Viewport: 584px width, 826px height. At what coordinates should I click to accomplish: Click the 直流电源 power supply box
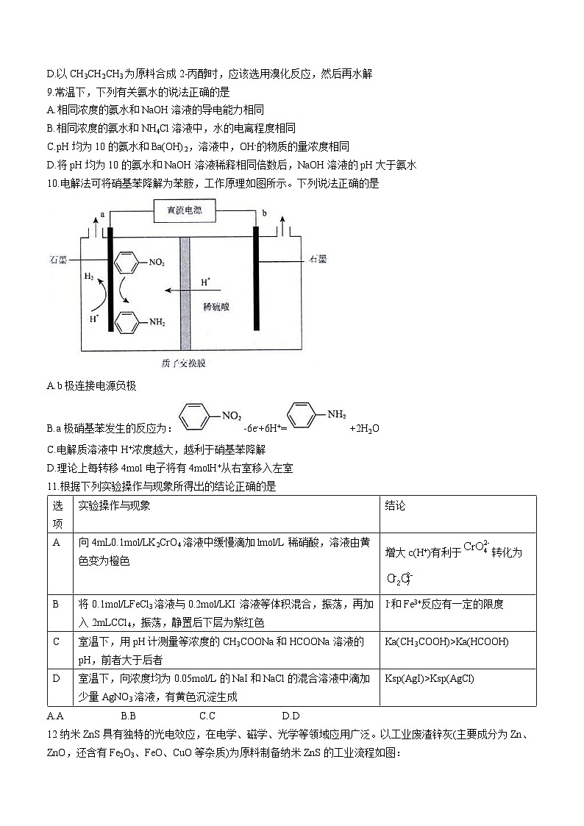(x=185, y=213)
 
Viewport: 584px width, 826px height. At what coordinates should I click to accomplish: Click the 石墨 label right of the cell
(x=318, y=259)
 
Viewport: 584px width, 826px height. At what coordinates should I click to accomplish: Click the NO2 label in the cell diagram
(x=157, y=262)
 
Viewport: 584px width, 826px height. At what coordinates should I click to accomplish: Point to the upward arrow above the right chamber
(x=282, y=223)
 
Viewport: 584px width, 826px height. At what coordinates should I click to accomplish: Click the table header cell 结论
(x=395, y=506)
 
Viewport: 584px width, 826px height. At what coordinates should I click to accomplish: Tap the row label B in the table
(x=56, y=605)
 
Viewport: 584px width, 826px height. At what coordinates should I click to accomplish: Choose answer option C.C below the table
(x=207, y=716)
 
